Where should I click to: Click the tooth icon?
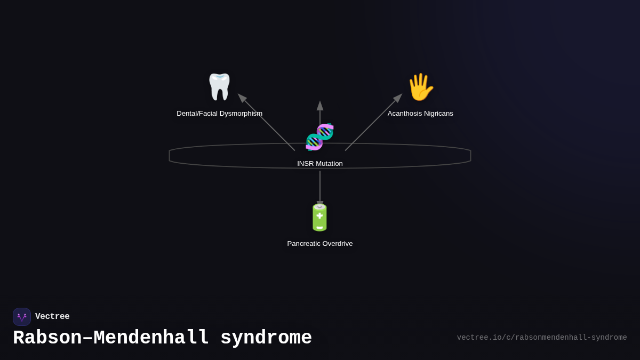pyautogui.click(x=219, y=87)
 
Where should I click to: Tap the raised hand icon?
pyautogui.click(x=420, y=87)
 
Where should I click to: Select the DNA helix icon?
pyautogui.click(x=319, y=137)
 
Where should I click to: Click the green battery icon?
pyautogui.click(x=319, y=218)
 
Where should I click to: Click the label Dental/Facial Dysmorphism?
pyautogui.click(x=219, y=114)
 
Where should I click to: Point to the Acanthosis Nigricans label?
pyautogui.click(x=420, y=114)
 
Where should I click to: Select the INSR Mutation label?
pyautogui.click(x=319, y=164)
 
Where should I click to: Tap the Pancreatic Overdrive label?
pyautogui.click(x=319, y=244)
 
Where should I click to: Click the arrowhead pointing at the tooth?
pyautogui.click(x=242, y=98)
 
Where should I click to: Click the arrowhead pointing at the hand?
pyautogui.click(x=398, y=98)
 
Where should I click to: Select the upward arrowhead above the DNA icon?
pyautogui.click(x=320, y=106)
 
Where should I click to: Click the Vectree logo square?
pyautogui.click(x=22, y=317)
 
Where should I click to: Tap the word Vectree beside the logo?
pyautogui.click(x=52, y=317)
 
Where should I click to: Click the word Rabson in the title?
pyautogui.click(x=47, y=338)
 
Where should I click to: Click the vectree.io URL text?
pyautogui.click(x=541, y=338)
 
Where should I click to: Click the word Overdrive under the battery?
pyautogui.click(x=335, y=244)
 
